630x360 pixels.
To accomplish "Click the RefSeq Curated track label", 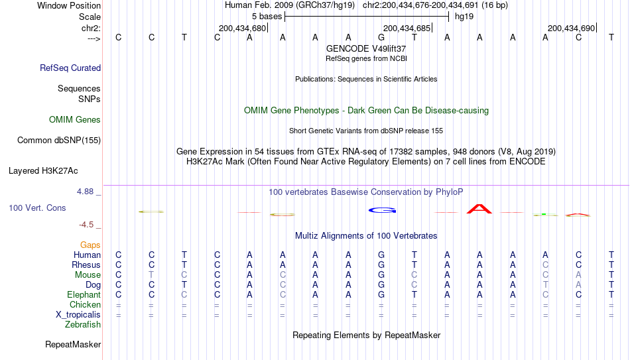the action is [x=70, y=68].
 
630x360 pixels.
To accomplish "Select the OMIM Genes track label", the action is [x=75, y=120].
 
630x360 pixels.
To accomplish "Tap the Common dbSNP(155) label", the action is [x=59, y=141].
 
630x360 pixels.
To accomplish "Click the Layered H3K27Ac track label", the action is [x=43, y=171].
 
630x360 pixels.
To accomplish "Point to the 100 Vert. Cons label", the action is [x=37, y=208].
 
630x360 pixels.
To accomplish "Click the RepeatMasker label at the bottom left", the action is [x=73, y=344].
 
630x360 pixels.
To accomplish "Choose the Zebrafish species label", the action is [x=83, y=324].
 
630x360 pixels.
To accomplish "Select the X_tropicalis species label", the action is [x=78, y=315].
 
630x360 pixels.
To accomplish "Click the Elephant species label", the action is [x=84, y=294].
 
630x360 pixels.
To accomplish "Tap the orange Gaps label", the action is [x=90, y=245].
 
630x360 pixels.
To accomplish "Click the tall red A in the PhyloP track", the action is [x=479, y=209].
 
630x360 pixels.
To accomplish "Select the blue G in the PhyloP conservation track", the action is [x=382, y=210].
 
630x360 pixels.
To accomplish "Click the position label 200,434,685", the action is [x=407, y=28].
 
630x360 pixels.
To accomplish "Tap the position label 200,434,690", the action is [x=571, y=28].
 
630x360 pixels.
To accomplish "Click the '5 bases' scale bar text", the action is [x=267, y=17].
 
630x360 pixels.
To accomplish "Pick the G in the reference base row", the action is [x=381, y=37].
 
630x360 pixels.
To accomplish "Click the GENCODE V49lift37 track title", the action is [x=366, y=48].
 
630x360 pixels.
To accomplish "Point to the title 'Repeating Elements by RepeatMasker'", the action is [x=367, y=335].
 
